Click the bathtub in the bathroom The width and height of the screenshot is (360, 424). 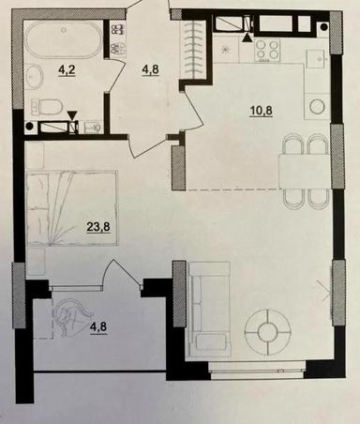[64, 40]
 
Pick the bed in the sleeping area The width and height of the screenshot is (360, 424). [70, 208]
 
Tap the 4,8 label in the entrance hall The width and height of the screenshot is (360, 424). [153, 68]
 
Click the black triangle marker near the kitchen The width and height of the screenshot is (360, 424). [247, 38]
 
